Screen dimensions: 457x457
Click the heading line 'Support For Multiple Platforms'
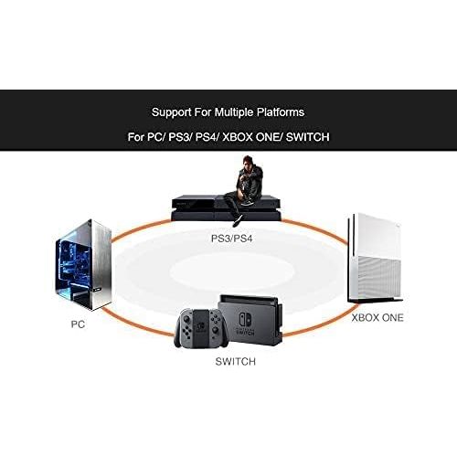(228, 112)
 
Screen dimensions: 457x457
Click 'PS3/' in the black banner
(180, 137)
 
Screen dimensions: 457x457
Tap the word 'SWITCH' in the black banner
(308, 137)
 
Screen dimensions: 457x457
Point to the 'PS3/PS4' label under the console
(232, 238)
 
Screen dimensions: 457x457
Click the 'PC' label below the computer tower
(78, 324)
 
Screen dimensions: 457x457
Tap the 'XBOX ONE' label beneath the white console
(377, 318)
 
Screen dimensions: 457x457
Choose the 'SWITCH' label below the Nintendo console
(235, 361)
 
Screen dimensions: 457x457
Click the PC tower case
(83, 264)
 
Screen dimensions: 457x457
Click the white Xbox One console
(376, 258)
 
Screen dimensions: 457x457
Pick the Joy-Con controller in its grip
(201, 328)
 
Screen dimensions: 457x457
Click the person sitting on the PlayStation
(243, 190)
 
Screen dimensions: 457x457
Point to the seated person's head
(248, 161)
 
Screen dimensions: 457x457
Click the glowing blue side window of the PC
(74, 264)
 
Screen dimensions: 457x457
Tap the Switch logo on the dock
(245, 319)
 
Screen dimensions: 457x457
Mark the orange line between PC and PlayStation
(141, 229)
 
